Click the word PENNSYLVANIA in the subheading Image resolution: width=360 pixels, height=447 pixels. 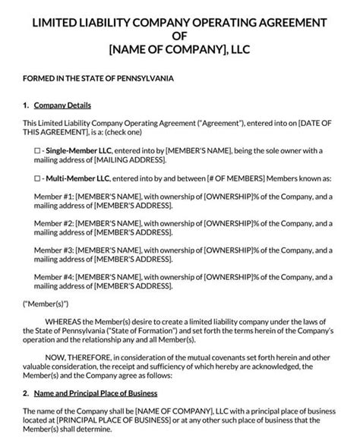point(141,78)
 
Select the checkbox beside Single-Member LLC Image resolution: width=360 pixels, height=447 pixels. point(28,152)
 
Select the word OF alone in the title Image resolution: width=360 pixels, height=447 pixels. point(179,34)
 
